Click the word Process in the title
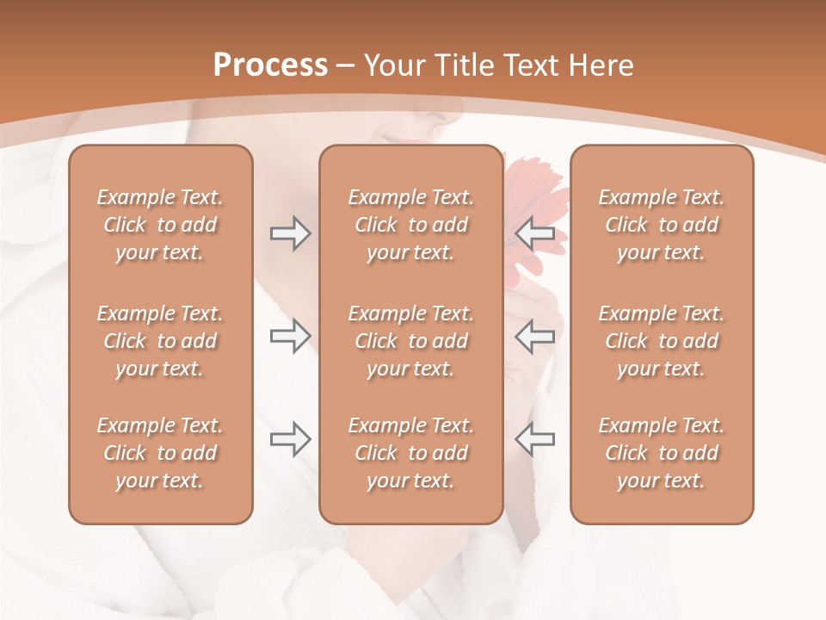click(270, 65)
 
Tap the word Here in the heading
click(599, 65)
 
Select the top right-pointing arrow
click(290, 233)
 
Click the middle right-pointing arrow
click(290, 336)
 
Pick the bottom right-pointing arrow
click(290, 439)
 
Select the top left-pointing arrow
click(535, 233)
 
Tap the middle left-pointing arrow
click(535, 336)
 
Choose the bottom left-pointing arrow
click(535, 439)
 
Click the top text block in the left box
click(160, 225)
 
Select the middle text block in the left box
click(160, 341)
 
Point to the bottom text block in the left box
click(160, 453)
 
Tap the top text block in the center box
click(411, 225)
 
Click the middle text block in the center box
click(411, 341)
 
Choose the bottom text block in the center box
click(411, 453)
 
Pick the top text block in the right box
click(662, 225)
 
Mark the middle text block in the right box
click(662, 341)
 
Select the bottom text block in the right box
click(662, 453)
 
